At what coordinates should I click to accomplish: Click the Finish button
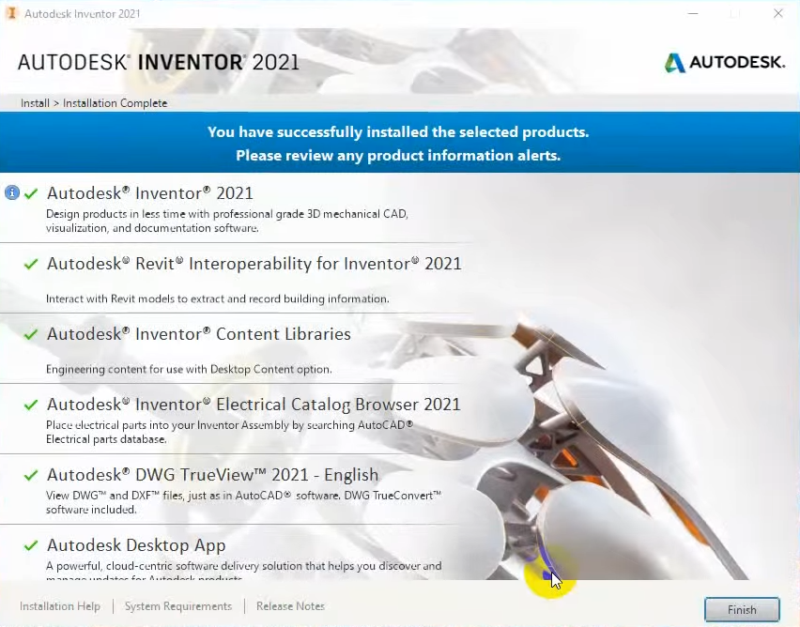point(742,609)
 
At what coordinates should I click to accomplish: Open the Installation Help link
point(60,606)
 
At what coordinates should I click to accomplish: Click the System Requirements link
point(178,606)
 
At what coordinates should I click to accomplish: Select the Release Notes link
point(290,606)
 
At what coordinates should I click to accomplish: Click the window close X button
point(778,14)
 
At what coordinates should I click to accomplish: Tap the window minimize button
point(693,14)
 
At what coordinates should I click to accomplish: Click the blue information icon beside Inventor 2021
point(12,192)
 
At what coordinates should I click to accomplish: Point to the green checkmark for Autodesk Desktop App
point(31,545)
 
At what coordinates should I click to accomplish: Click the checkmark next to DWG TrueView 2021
point(31,475)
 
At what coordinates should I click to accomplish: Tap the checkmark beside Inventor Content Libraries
point(31,334)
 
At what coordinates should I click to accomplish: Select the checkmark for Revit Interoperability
point(31,264)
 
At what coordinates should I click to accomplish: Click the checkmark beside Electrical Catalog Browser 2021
point(31,405)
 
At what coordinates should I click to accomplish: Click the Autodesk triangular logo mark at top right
point(674,63)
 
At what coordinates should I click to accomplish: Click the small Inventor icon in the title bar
point(11,13)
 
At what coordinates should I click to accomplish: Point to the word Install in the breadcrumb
point(35,103)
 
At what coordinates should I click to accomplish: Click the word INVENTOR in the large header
point(191,62)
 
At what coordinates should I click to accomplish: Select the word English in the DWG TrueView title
point(351,475)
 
